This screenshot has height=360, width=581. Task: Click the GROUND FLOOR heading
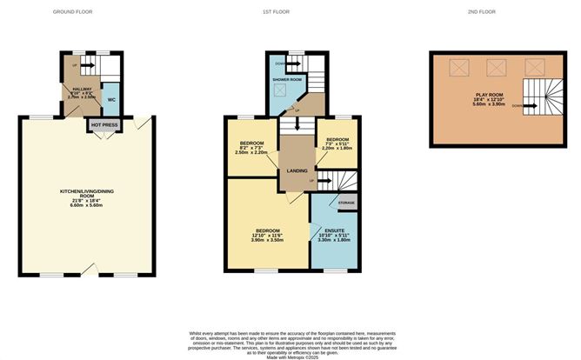pos(72,12)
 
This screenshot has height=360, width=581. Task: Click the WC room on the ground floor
pos(111,100)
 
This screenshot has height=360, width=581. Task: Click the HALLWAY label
pos(82,90)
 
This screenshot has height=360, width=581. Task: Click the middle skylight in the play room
pos(497,66)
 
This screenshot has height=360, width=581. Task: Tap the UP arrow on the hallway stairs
pos(74,66)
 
